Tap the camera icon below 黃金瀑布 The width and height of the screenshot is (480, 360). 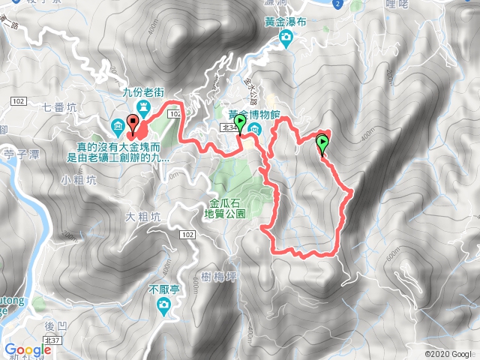click(x=286, y=38)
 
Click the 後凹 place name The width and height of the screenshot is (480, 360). click(x=56, y=325)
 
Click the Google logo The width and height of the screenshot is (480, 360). click(x=28, y=349)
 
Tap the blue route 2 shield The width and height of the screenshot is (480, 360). click(x=338, y=4)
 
